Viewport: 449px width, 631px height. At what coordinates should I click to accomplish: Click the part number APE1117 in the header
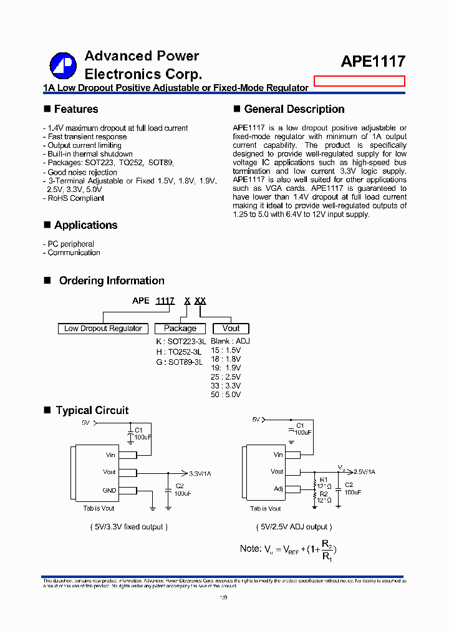373,61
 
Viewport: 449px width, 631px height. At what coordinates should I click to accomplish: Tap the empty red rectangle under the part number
359,81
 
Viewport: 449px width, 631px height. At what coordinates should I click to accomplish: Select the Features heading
75,109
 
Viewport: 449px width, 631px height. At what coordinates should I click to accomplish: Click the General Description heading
294,109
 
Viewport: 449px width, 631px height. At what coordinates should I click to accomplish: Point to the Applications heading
85,225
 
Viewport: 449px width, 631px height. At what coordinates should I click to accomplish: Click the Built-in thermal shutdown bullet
90,154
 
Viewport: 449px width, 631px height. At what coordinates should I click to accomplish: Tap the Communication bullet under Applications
74,253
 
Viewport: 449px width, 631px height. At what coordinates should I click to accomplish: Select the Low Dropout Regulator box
103,329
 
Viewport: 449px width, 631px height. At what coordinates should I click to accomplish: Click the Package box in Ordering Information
180,329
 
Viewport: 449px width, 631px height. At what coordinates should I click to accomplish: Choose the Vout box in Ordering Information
231,329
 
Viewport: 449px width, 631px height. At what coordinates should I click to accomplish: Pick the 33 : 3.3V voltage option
226,386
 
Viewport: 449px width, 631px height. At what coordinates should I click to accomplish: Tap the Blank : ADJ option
230,342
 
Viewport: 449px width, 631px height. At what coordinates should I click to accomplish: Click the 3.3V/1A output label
200,474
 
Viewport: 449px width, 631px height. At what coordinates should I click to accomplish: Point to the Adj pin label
278,489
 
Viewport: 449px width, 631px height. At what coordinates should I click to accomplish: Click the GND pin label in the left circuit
109,490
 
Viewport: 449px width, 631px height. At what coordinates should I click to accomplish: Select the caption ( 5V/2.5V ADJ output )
294,527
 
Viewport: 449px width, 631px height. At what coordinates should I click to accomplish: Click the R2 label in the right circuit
324,494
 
